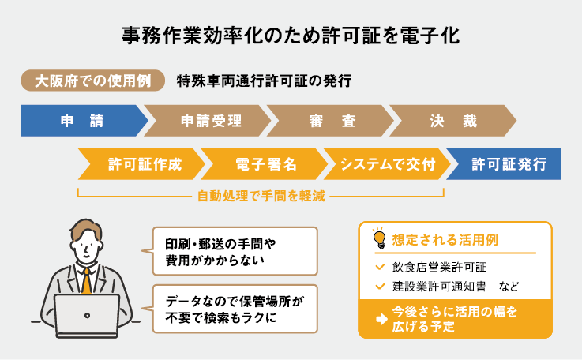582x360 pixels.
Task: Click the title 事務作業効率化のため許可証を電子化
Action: [291, 36]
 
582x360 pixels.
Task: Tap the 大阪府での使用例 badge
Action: [93, 81]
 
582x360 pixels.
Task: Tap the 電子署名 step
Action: [265, 164]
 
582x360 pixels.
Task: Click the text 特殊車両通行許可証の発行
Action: [264, 81]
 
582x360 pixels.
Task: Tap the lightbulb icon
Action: [378, 237]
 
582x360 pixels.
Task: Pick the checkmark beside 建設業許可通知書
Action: [380, 285]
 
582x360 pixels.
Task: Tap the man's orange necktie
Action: [86, 280]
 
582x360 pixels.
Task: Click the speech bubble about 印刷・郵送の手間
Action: [233, 251]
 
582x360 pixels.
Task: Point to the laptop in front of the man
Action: [87, 316]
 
